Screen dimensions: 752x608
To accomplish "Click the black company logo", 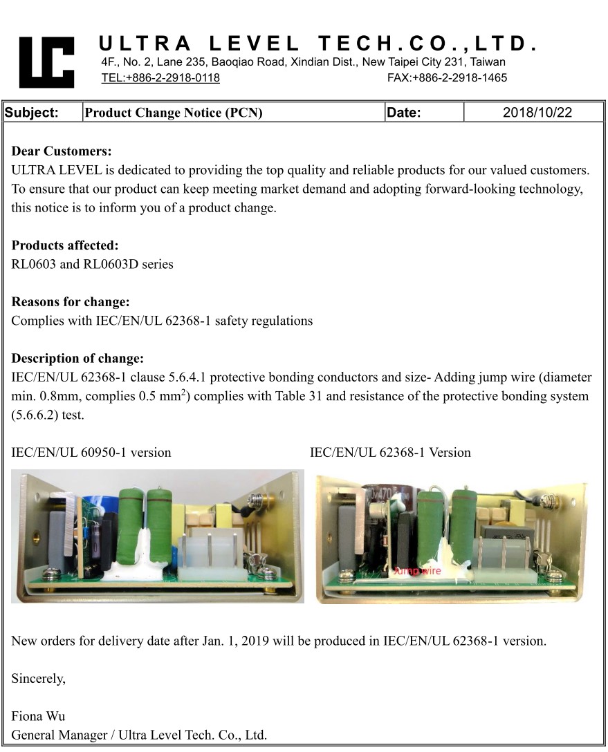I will [x=46, y=62].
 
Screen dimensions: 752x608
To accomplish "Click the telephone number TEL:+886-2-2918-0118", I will [x=160, y=77].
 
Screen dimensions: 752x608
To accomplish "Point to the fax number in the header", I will [x=447, y=77].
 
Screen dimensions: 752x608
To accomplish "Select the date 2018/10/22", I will [x=537, y=113].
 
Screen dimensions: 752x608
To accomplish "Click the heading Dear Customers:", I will [x=62, y=151].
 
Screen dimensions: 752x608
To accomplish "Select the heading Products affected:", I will [x=65, y=245].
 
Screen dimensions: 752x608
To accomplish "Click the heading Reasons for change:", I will [x=71, y=302].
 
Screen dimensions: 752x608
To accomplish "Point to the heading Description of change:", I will [x=77, y=359].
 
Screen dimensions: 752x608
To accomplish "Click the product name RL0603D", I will [x=112, y=264].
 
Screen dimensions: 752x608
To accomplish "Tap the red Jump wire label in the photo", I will [x=416, y=571].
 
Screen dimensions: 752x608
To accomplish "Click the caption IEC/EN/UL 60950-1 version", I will [x=91, y=453].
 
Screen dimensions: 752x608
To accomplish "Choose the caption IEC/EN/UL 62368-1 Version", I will [x=390, y=453].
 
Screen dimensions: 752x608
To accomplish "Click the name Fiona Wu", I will [x=38, y=716].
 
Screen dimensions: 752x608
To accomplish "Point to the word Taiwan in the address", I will [x=486, y=62].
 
